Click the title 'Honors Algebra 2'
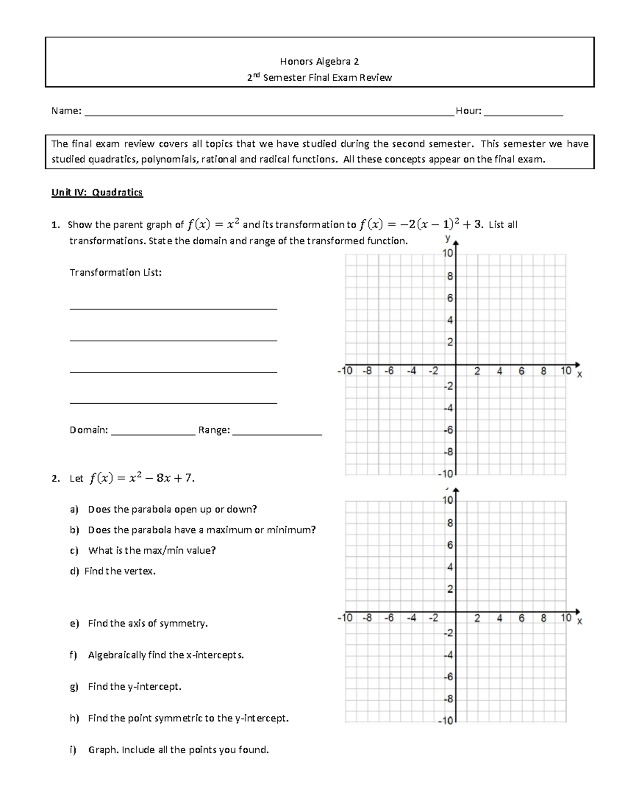[319, 61]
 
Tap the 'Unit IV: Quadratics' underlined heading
[97, 192]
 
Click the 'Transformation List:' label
[116, 272]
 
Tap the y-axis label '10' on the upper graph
[448, 254]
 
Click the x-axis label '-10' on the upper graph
[345, 371]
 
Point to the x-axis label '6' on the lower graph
[521, 618]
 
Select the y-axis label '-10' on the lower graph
[446, 721]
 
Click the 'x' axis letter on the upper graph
[579, 375]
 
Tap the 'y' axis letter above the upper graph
[447, 238]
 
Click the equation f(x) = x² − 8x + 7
[142, 478]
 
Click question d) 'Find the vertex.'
[120, 571]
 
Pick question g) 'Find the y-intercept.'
[134, 687]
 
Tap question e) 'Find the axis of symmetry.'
[147, 624]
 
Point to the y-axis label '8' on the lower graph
[450, 523]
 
